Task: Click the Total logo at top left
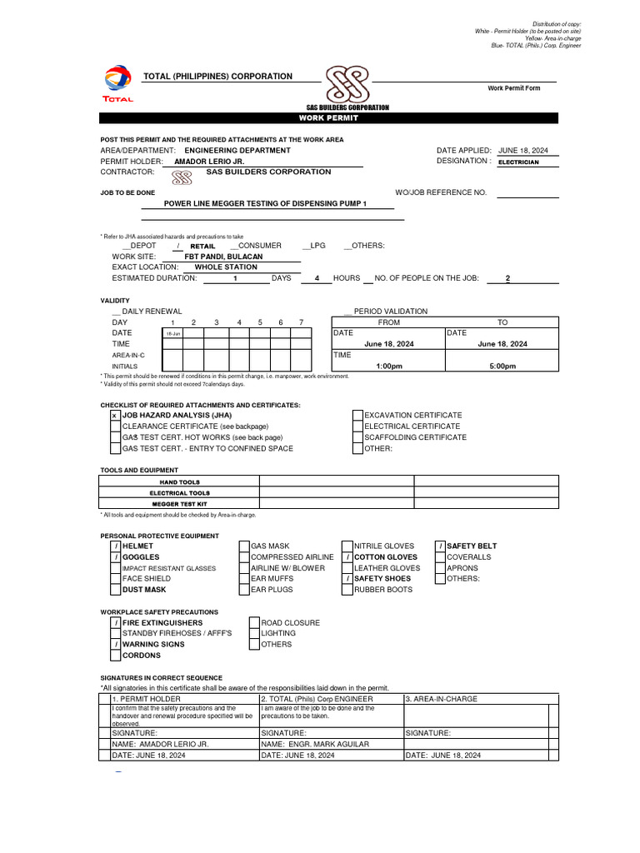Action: point(118,82)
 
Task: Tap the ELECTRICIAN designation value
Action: point(518,162)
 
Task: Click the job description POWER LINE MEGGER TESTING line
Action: point(265,203)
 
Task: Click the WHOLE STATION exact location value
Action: point(226,267)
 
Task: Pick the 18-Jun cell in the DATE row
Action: point(172,333)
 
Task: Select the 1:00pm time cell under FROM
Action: point(388,366)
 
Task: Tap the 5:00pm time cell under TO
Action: point(502,366)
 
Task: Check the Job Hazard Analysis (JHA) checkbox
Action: point(115,415)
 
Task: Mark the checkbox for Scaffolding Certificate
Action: point(357,437)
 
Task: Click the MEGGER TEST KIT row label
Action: point(180,504)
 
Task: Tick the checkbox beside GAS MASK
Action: point(244,546)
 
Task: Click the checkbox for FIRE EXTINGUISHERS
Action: point(116,623)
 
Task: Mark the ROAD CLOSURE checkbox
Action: point(254,622)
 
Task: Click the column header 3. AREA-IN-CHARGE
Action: point(442,699)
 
